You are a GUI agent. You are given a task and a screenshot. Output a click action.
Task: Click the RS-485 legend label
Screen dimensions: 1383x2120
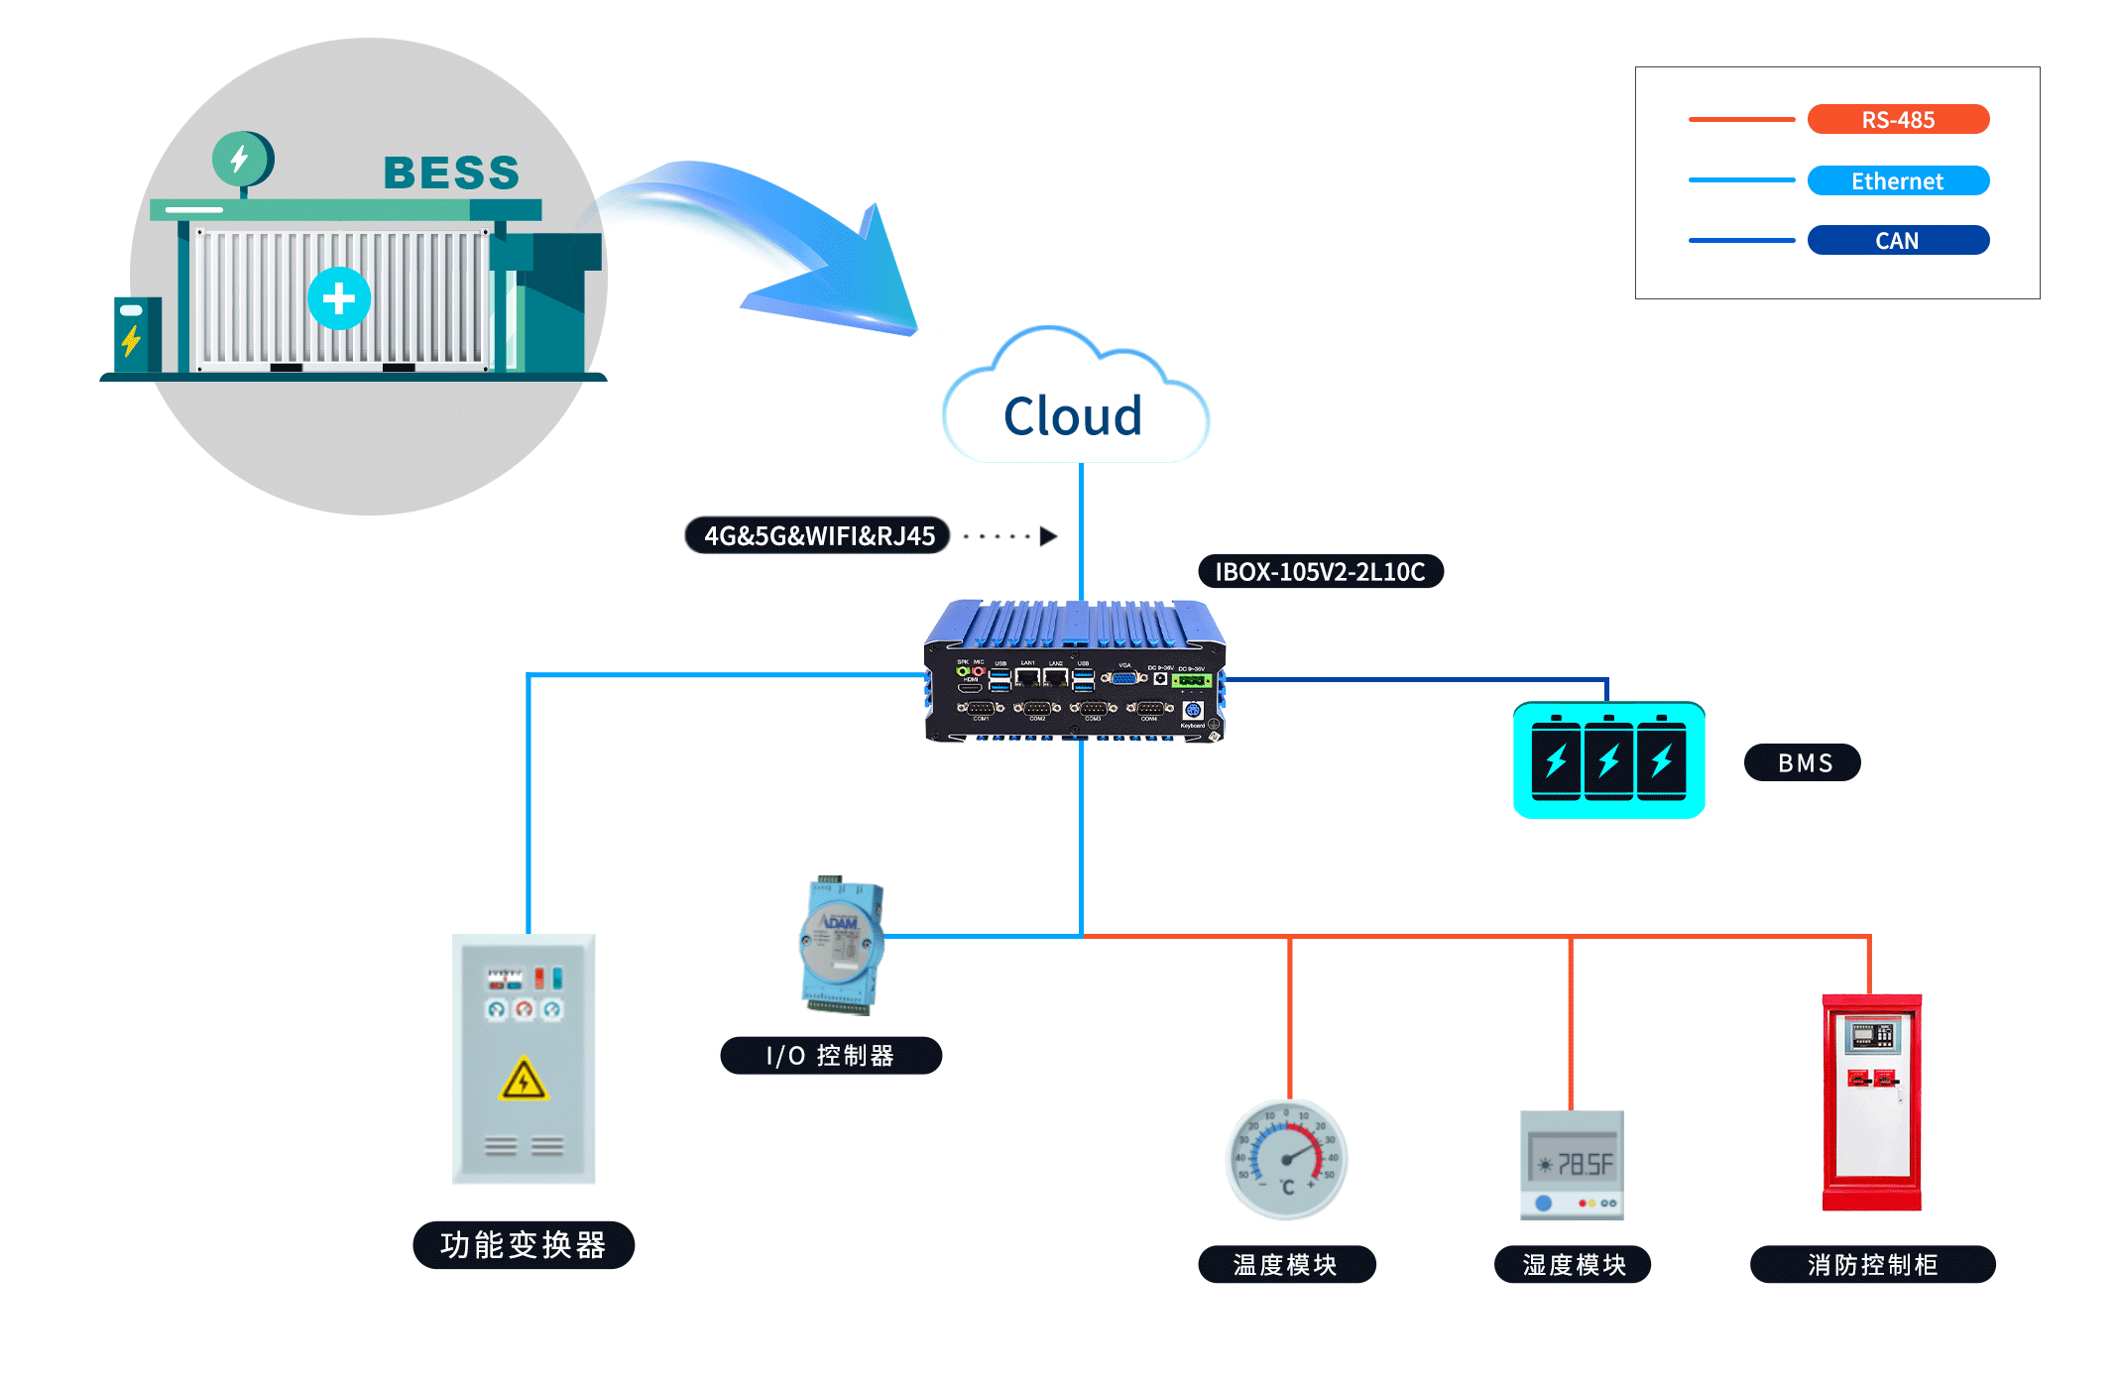click(1897, 120)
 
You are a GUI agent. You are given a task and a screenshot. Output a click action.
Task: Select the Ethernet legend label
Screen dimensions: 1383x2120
click(1897, 181)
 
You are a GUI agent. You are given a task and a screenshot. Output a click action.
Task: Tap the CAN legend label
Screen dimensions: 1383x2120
click(1897, 241)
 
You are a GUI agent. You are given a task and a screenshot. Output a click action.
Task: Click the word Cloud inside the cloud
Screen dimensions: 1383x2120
click(1073, 416)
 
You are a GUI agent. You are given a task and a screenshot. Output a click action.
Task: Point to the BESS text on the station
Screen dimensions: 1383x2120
click(451, 173)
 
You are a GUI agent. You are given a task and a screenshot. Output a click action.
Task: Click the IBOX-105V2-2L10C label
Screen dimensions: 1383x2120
click(1320, 572)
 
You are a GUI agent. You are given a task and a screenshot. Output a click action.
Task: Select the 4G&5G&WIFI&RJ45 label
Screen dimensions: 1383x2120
click(818, 536)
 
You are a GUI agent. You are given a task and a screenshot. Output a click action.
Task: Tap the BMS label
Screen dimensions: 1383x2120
click(1802, 763)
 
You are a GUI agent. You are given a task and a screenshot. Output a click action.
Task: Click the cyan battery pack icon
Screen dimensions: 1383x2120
click(1608, 760)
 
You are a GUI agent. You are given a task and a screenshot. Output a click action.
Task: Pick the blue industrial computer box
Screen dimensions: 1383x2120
click(1075, 671)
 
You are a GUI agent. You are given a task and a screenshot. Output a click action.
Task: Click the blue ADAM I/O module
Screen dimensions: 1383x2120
click(841, 945)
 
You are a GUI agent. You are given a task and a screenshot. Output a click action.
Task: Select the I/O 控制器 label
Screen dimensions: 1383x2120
click(830, 1056)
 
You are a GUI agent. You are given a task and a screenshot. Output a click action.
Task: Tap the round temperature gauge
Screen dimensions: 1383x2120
click(1287, 1158)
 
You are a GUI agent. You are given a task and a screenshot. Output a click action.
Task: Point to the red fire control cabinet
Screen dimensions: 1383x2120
click(1871, 1101)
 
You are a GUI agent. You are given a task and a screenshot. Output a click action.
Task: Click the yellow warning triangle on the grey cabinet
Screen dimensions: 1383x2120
click(524, 1081)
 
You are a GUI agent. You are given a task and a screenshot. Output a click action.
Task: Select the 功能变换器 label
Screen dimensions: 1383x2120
click(523, 1245)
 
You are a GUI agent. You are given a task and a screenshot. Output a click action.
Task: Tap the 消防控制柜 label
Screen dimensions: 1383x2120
click(1872, 1265)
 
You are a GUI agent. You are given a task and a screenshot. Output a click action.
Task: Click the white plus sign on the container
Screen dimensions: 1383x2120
click(339, 298)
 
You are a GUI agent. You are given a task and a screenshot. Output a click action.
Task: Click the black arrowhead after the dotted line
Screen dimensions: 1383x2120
click(1048, 536)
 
